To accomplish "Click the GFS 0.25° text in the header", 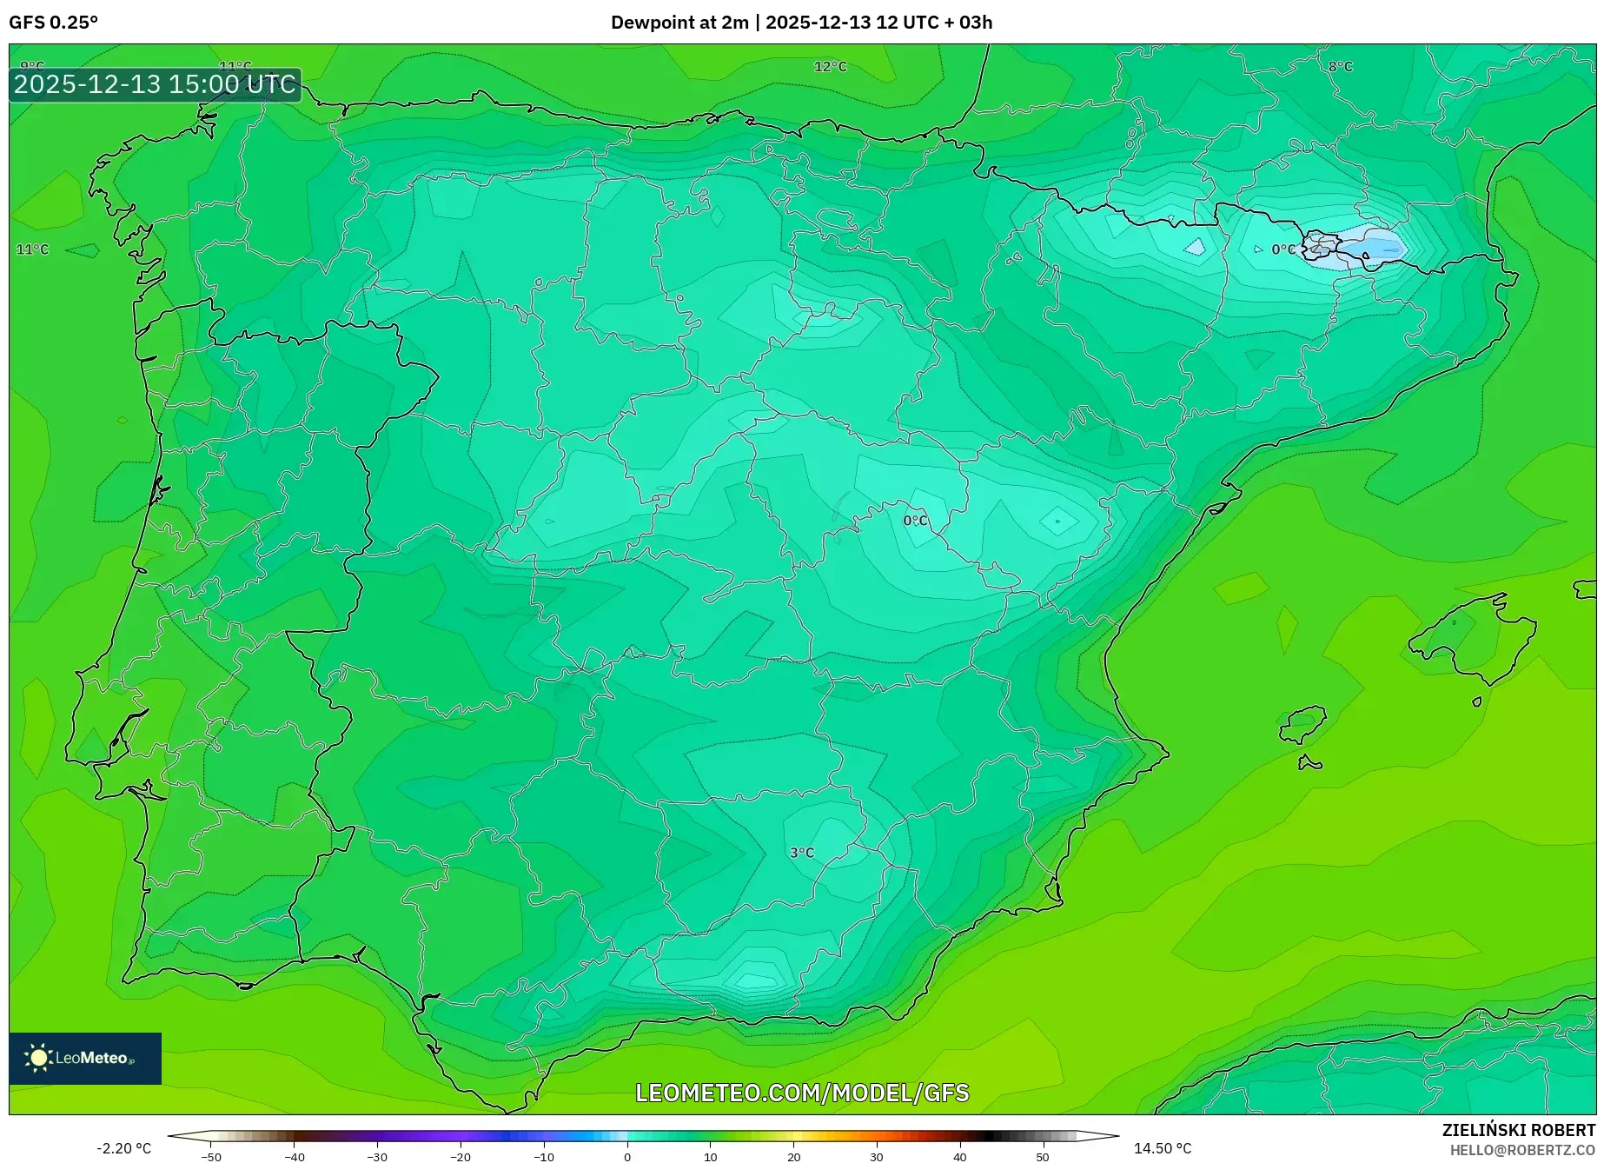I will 53,23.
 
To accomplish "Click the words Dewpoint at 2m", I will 679,23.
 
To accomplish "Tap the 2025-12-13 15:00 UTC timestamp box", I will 155,84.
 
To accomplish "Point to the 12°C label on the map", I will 830,67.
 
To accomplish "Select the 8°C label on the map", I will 1340,67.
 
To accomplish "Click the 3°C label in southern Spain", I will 802,853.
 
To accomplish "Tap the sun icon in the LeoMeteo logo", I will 38,1058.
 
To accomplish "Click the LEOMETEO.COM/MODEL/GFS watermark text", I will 802,1093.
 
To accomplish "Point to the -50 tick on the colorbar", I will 211,1156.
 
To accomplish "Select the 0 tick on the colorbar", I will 627,1156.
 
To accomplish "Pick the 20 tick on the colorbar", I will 793,1156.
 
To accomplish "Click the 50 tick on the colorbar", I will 1043,1156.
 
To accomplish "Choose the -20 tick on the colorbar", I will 461,1156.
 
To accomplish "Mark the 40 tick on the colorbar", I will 959,1156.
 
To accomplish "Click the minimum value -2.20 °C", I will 123,1148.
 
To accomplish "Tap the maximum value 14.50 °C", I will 1163,1148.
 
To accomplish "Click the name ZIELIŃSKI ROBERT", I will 1518,1130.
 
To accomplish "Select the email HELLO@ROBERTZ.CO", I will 1522,1150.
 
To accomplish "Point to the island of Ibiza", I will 1303,724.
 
